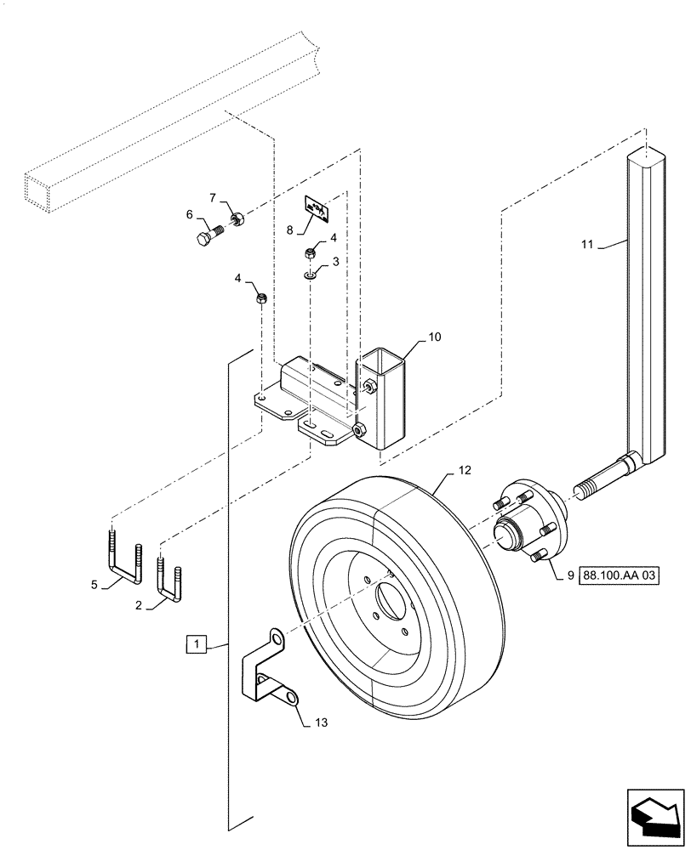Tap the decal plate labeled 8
pyautogui.click(x=318, y=208)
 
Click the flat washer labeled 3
pyautogui.click(x=312, y=275)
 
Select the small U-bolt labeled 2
pyautogui.click(x=168, y=578)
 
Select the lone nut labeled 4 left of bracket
pyautogui.click(x=263, y=298)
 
